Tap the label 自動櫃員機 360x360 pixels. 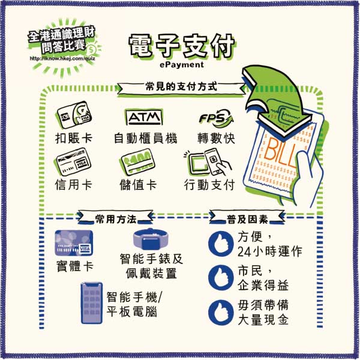[146, 137]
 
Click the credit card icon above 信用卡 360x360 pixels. [73, 162]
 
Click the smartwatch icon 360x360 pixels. [149, 239]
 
